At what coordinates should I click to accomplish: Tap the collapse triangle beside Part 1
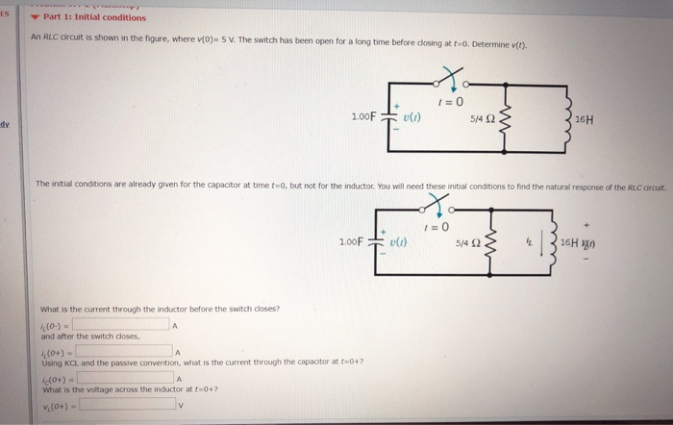tap(35, 17)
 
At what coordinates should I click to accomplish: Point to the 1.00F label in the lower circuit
tap(351, 240)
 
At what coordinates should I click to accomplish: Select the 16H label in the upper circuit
tap(584, 120)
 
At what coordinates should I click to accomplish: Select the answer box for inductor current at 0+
tap(129, 351)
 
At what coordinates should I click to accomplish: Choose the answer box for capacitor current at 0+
tap(129, 378)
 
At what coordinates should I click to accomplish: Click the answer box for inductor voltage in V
tap(129, 405)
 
